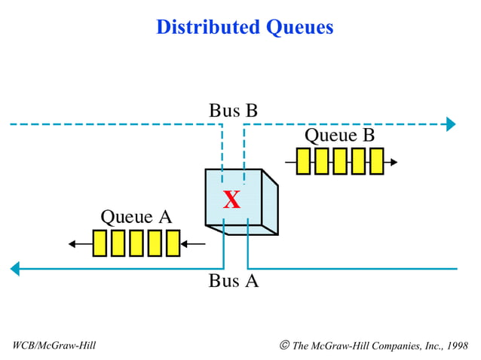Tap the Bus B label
click(233, 111)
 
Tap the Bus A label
click(233, 282)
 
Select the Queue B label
click(339, 136)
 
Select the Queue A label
click(136, 218)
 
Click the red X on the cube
click(231, 200)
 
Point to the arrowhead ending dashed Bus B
click(451, 124)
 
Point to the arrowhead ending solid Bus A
click(14, 268)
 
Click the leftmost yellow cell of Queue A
click(100, 243)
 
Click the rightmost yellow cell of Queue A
click(173, 243)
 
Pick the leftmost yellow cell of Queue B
click(304, 161)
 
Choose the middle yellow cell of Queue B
click(340, 161)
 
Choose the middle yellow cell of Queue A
click(136, 243)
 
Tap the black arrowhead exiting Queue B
click(393, 162)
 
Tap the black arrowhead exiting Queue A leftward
click(72, 244)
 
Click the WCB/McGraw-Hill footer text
click(54, 346)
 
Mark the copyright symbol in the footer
click(284, 345)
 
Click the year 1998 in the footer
click(455, 346)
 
